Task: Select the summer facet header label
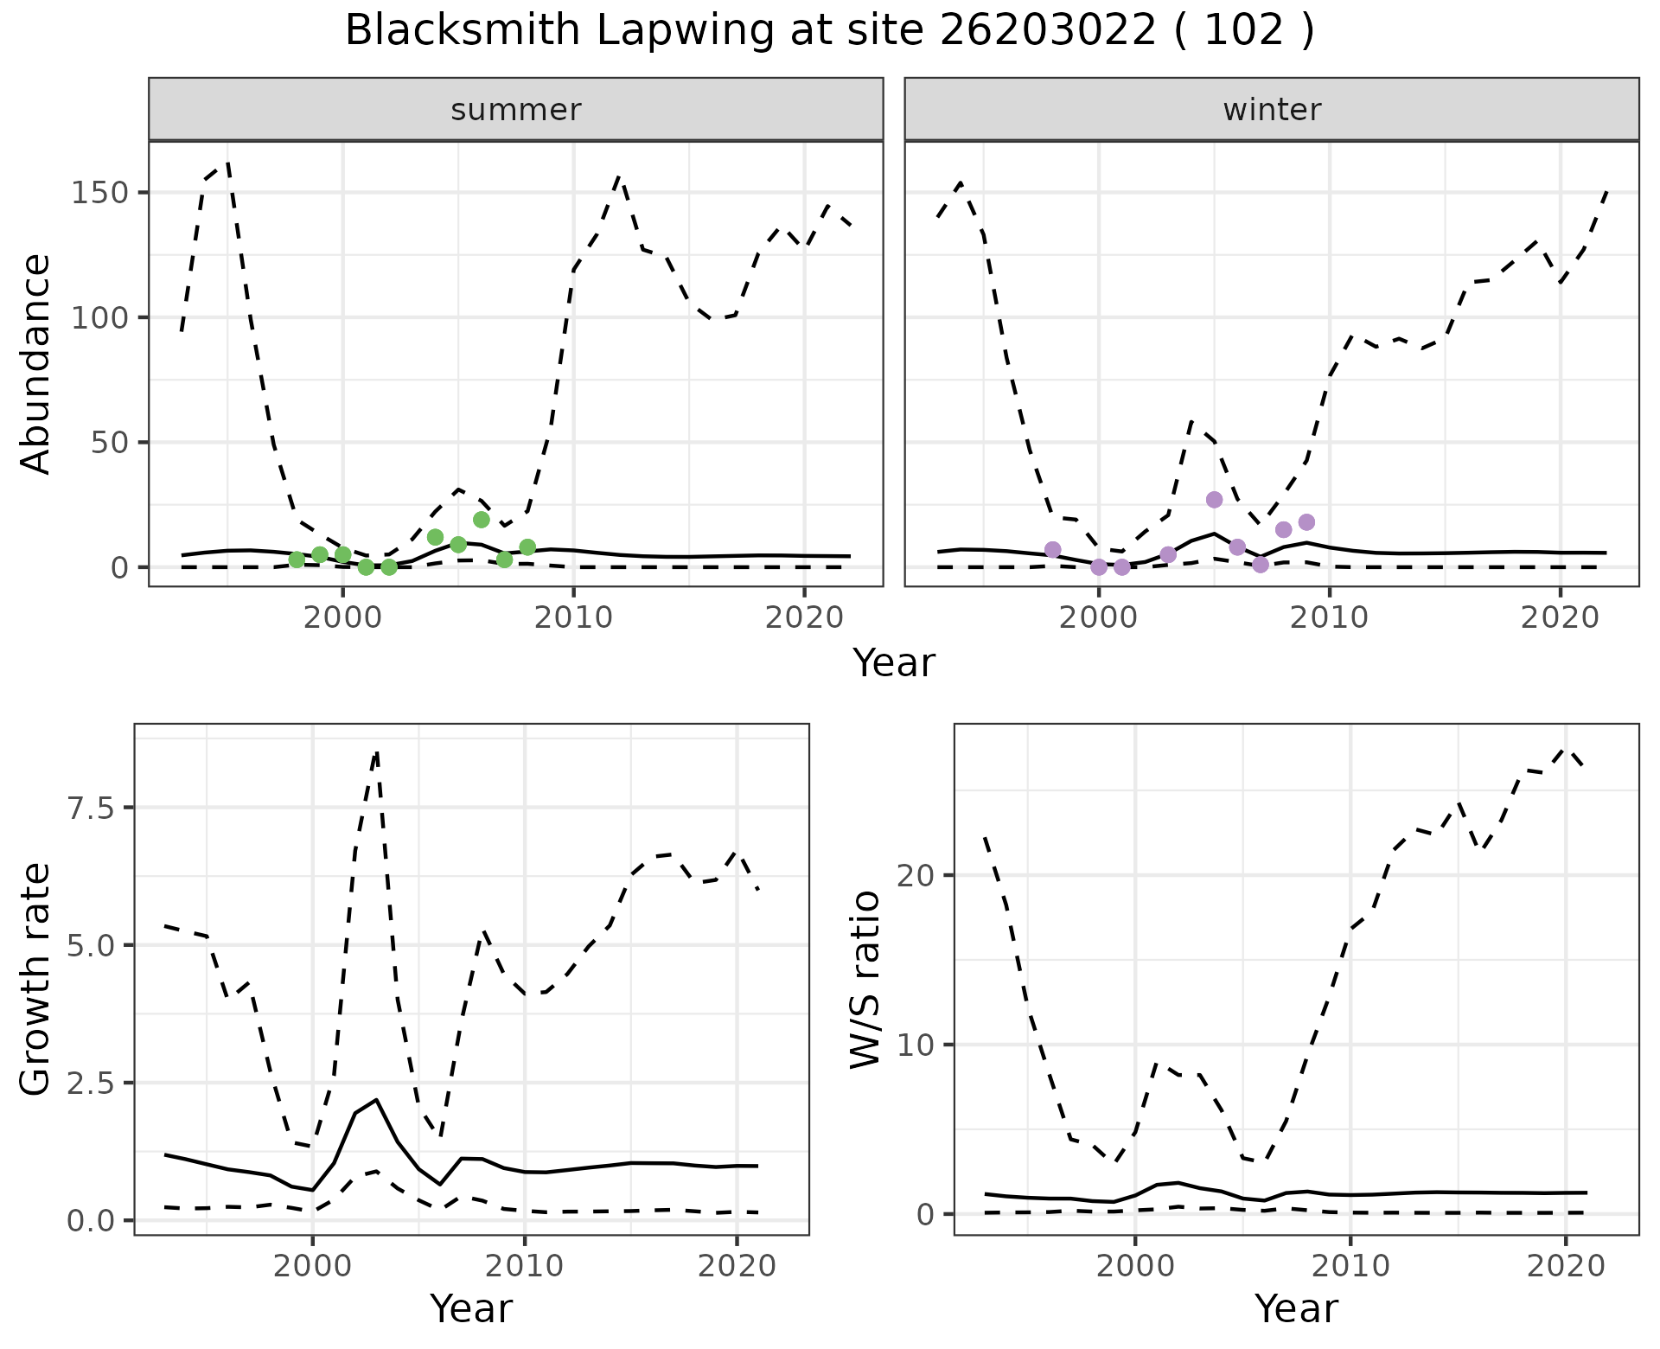(x=516, y=110)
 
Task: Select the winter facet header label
(x=1272, y=110)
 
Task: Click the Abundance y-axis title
(x=36, y=363)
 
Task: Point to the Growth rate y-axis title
(x=36, y=980)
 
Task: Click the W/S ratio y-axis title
(x=865, y=980)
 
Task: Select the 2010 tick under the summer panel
(x=573, y=618)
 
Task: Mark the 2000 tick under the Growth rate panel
(x=312, y=1267)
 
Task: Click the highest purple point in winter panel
(x=1215, y=500)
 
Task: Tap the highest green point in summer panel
(x=482, y=520)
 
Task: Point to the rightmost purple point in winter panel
(x=1306, y=522)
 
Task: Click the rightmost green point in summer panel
(x=527, y=547)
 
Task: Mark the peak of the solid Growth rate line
(x=377, y=1099)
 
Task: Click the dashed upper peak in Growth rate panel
(x=377, y=752)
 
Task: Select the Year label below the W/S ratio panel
(x=1296, y=1309)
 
